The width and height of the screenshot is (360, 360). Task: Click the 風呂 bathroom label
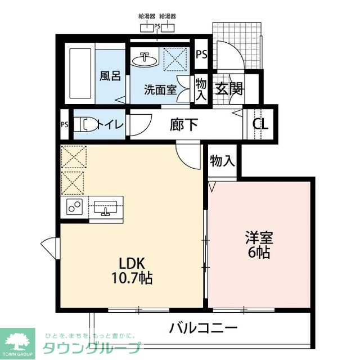pos(110,75)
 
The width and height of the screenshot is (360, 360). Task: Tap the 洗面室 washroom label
pos(160,89)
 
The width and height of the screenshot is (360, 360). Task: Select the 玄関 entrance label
pos(228,89)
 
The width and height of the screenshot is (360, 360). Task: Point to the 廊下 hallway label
pos(184,124)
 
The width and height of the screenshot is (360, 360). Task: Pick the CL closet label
pos(260,124)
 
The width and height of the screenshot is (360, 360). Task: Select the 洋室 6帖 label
pos(259,245)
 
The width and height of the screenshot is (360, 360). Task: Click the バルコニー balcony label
pos(203,328)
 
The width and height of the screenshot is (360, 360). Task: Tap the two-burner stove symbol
pos(75,206)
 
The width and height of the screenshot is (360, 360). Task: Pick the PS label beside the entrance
pos(201,55)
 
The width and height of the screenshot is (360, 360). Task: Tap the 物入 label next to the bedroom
pos(222,161)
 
